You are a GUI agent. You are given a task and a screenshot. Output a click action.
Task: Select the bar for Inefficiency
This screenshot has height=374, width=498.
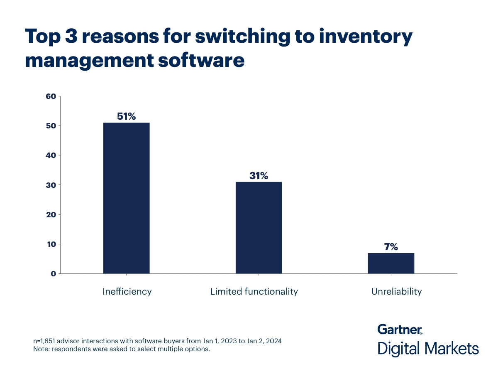click(x=126, y=198)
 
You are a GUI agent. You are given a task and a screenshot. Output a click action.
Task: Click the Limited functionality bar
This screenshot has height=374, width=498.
click(x=259, y=227)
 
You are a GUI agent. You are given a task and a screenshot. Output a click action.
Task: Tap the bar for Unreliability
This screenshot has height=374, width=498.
click(x=391, y=263)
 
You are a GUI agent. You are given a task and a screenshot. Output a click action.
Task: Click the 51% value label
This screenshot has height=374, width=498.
click(x=126, y=116)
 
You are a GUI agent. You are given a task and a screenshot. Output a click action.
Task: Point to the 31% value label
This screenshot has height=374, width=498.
click(x=259, y=175)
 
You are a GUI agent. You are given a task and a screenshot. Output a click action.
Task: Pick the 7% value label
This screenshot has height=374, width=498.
click(x=391, y=247)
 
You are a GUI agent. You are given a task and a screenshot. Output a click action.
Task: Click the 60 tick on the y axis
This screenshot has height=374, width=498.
click(x=51, y=96)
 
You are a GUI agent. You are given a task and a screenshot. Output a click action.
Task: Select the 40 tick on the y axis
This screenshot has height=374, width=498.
click(x=51, y=155)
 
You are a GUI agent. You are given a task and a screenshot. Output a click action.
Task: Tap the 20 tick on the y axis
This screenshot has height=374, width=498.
click(x=51, y=214)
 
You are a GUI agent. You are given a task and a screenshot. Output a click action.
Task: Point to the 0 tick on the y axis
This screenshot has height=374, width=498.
click(x=53, y=273)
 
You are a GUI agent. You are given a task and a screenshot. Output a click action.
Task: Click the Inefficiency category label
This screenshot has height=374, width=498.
click(x=127, y=291)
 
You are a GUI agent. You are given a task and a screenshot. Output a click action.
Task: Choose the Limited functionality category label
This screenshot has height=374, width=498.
click(x=254, y=291)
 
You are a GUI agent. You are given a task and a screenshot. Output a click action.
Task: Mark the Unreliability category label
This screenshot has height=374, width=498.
click(x=396, y=291)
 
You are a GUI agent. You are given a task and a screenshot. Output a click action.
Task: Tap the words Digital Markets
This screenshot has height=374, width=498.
click(x=428, y=348)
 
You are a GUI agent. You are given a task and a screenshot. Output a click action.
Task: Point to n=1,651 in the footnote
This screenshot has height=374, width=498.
click(x=46, y=341)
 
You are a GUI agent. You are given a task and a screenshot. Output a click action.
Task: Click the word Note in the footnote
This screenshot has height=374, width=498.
click(x=41, y=349)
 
